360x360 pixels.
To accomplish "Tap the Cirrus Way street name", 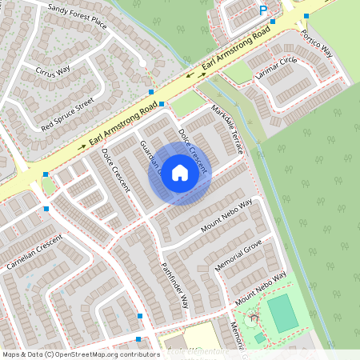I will pyautogui.click(x=53, y=76).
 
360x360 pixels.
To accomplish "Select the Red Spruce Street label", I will pyautogui.click(x=67, y=114).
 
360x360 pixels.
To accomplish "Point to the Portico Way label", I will pyautogui.click(x=316, y=43).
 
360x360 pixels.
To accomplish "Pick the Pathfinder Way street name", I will pyautogui.click(x=174, y=285).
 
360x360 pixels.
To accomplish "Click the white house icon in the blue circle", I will pyautogui.click(x=180, y=173).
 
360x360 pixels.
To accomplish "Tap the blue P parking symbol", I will pyautogui.click(x=262, y=10).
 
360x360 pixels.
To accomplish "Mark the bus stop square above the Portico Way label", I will pyautogui.click(x=306, y=16).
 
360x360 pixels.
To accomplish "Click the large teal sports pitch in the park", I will pyautogui.click(x=282, y=313).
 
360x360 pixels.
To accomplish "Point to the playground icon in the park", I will pyautogui.click(x=254, y=318).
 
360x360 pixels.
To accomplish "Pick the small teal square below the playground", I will pyautogui.click(x=260, y=338).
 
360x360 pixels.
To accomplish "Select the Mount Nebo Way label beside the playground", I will pyautogui.click(x=260, y=289).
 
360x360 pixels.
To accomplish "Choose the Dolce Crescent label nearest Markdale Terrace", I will pyautogui.click(x=193, y=150).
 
